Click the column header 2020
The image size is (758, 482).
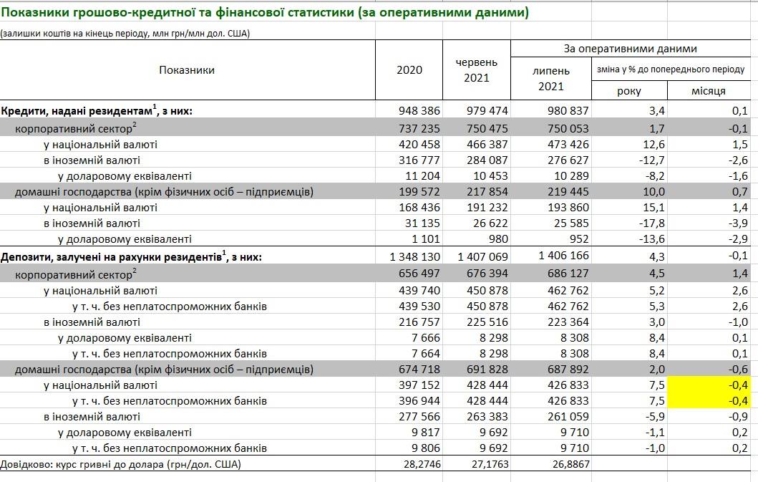(409, 69)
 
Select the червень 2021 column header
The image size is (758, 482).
(476, 69)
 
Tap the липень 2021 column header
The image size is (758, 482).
(550, 78)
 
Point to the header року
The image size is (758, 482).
(628, 91)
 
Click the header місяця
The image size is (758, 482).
(708, 91)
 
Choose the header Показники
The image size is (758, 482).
(187, 69)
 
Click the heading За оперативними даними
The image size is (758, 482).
(630, 49)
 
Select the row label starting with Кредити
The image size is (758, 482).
(97, 110)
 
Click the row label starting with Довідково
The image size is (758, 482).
(121, 464)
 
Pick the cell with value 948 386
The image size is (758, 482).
(419, 110)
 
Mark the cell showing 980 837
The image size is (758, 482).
(568, 110)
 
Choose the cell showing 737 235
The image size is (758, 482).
(419, 128)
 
